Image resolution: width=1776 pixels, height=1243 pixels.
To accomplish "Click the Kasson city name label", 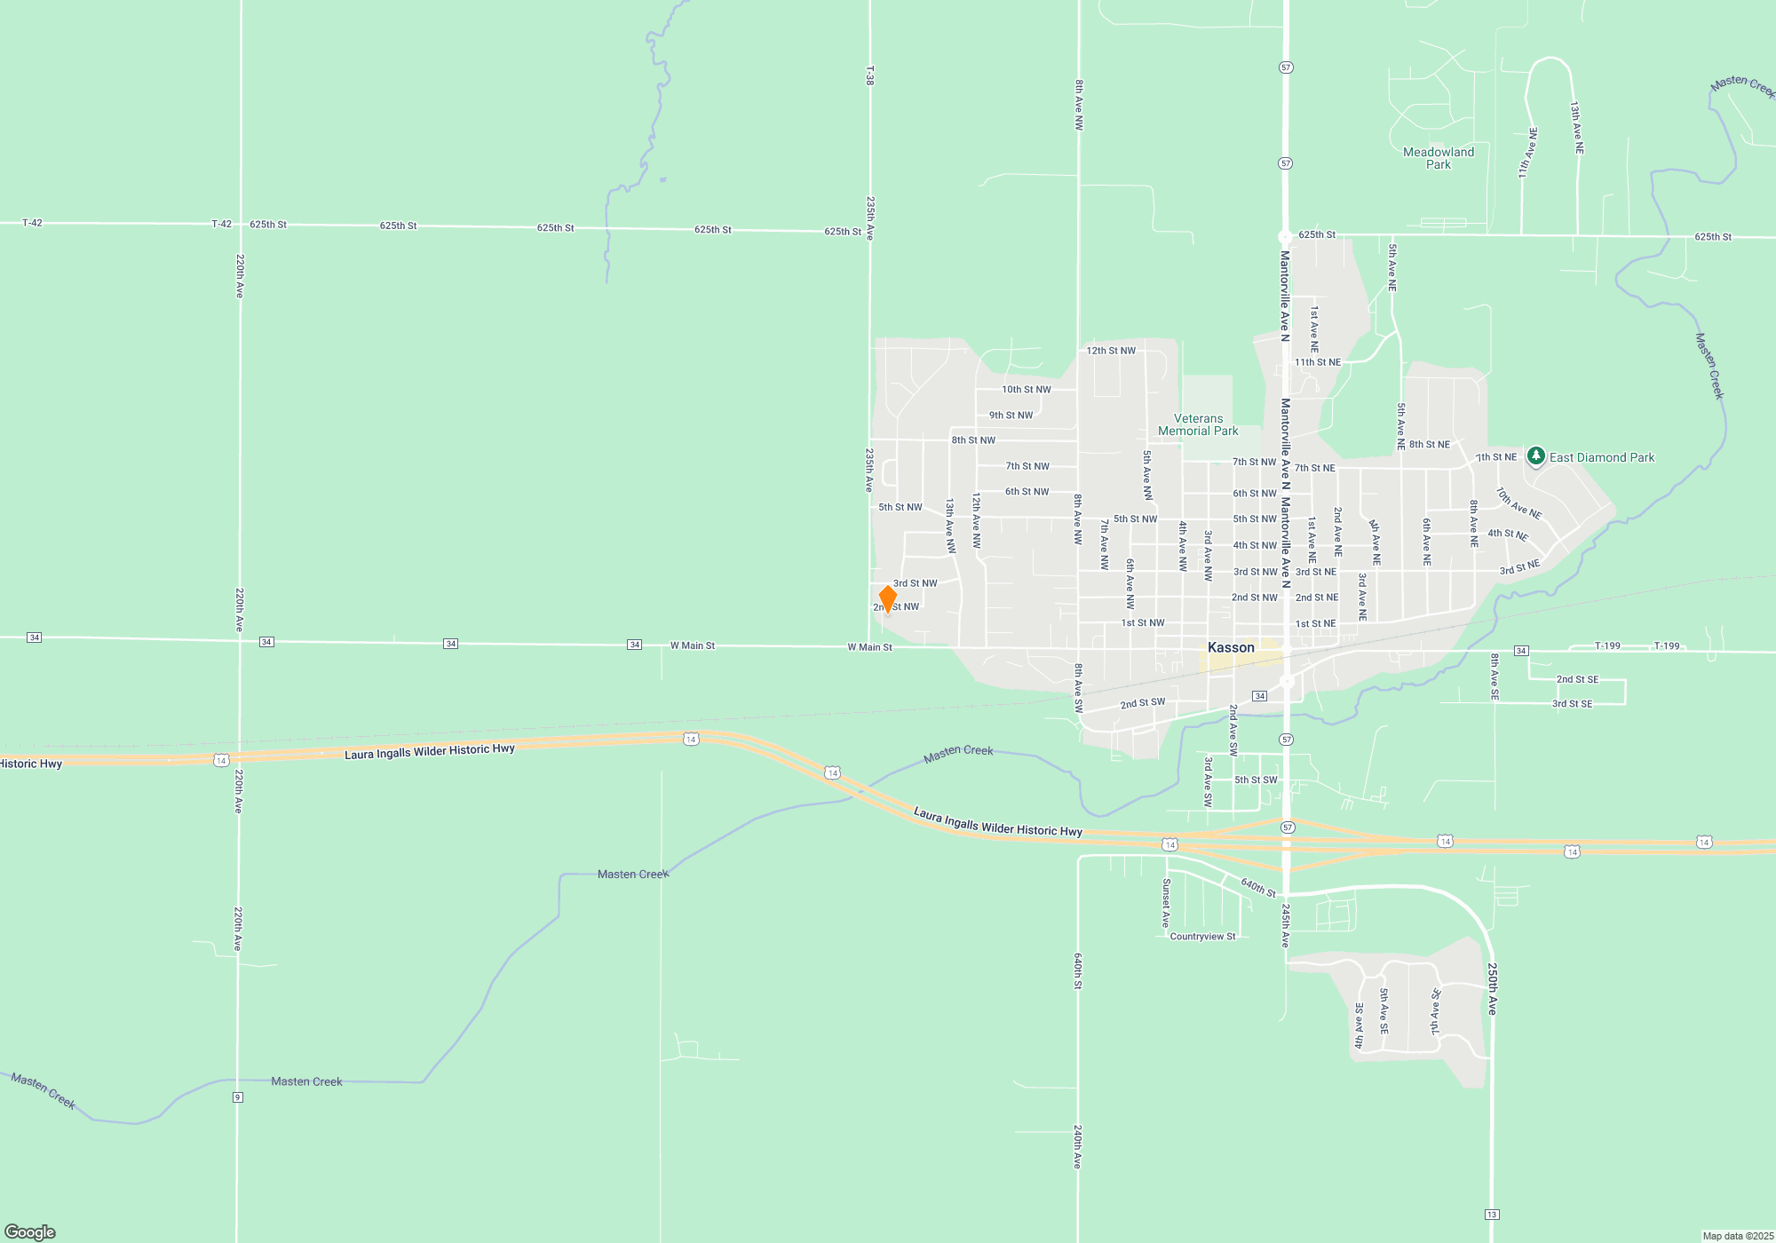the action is tap(1231, 647).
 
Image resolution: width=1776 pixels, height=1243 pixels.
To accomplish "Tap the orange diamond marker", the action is tap(887, 599).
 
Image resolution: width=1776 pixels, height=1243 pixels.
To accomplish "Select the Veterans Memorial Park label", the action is tap(1198, 424).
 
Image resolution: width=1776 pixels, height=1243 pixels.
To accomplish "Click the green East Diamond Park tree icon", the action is tap(1535, 456).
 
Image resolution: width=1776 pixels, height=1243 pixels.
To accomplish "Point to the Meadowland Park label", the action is tap(1439, 158).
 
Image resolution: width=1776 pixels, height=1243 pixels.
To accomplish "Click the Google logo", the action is tap(30, 1231).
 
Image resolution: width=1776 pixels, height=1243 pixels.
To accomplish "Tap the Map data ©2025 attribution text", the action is tap(1737, 1236).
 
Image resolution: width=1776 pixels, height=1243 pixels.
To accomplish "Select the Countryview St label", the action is tap(1202, 937).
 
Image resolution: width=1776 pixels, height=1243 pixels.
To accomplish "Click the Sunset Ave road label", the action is tap(1167, 903).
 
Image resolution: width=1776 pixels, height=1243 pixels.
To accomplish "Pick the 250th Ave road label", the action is tap(1493, 988).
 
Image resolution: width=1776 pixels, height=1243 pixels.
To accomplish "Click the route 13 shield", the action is tap(1492, 1215).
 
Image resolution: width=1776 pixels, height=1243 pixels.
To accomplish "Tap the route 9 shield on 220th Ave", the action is tap(238, 1097).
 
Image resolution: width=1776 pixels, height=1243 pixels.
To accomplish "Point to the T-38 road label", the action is tap(870, 75).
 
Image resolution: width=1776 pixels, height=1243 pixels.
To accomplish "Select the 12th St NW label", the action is tap(1111, 351).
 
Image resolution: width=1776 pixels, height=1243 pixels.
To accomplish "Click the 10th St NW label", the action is tap(1026, 390).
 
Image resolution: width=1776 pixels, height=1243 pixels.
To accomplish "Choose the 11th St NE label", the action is tap(1318, 362).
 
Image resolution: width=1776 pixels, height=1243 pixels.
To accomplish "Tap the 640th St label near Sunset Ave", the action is tap(1258, 887).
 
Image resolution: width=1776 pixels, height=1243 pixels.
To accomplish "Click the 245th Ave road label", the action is tap(1285, 926).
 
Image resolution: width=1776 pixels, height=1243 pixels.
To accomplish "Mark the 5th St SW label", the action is tap(1256, 780).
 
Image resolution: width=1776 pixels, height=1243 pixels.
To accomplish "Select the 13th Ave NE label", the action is tap(1576, 128).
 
